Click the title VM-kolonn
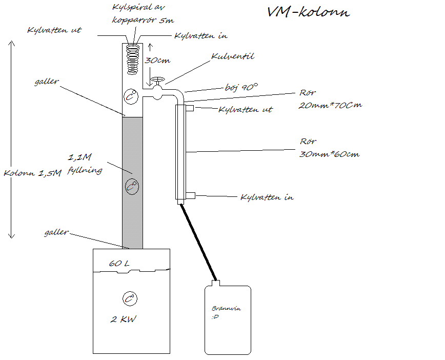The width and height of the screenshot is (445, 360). click(x=309, y=12)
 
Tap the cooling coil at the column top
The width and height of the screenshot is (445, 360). click(x=133, y=59)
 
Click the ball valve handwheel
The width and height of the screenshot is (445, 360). click(x=157, y=79)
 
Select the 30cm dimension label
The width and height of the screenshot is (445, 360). click(x=157, y=60)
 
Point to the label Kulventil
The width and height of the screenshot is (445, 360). click(x=233, y=56)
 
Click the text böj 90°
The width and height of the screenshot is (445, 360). click(x=241, y=87)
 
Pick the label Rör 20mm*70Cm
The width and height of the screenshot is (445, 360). click(x=330, y=99)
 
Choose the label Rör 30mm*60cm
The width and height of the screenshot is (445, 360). click(x=330, y=148)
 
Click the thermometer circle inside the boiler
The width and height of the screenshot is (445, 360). click(x=130, y=299)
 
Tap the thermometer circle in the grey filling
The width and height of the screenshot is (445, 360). click(x=132, y=187)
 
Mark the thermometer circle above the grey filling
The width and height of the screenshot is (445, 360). click(x=131, y=96)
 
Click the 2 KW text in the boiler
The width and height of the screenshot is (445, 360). click(x=123, y=319)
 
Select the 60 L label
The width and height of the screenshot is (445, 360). click(x=119, y=264)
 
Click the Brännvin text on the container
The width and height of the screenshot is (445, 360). click(x=226, y=308)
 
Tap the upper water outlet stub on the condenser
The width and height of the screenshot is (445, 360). click(x=190, y=108)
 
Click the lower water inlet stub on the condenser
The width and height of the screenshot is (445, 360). click(x=190, y=195)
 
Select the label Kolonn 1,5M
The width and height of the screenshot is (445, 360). click(x=33, y=173)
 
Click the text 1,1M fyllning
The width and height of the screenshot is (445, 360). click(x=85, y=164)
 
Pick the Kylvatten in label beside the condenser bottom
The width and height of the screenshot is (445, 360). click(x=267, y=197)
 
